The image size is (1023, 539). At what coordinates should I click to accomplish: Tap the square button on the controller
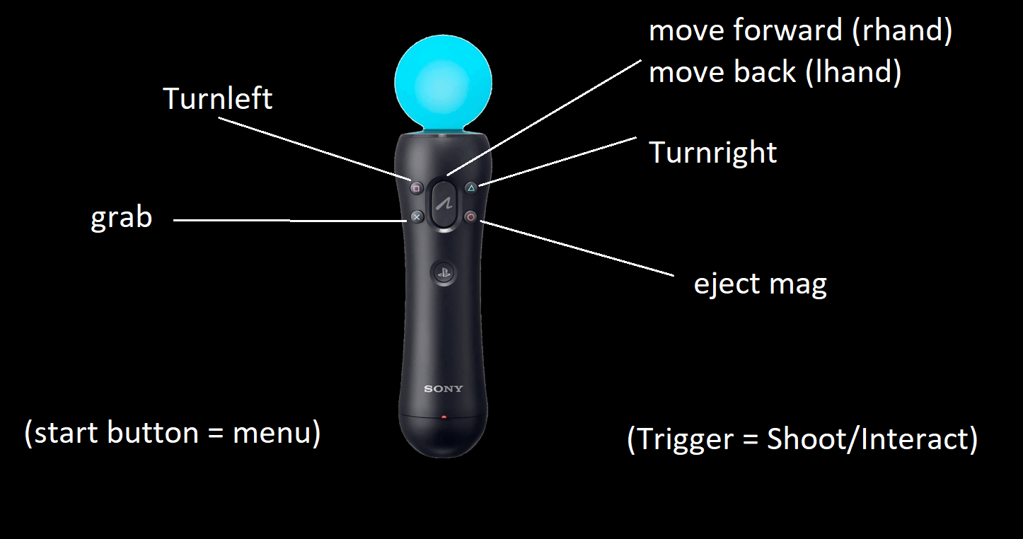click(x=416, y=188)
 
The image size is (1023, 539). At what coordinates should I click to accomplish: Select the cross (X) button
click(x=417, y=217)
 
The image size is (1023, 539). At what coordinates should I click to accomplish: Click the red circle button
click(x=471, y=217)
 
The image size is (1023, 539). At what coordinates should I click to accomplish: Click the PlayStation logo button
click(x=444, y=273)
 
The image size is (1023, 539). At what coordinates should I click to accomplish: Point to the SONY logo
click(x=444, y=388)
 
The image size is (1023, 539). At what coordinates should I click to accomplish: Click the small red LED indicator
click(x=444, y=417)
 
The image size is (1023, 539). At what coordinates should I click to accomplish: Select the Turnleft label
click(x=217, y=98)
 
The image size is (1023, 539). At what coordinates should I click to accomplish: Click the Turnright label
click(x=712, y=153)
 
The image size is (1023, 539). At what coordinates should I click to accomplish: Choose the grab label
click(x=121, y=218)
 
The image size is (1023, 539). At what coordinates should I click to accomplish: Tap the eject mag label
click(x=760, y=284)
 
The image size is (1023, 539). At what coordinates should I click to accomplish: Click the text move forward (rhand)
click(x=800, y=31)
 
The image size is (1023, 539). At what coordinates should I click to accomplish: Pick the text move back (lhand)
click(x=775, y=72)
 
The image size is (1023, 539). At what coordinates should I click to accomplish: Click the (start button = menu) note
click(x=172, y=433)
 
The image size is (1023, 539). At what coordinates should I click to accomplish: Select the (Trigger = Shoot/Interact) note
click(x=802, y=439)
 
